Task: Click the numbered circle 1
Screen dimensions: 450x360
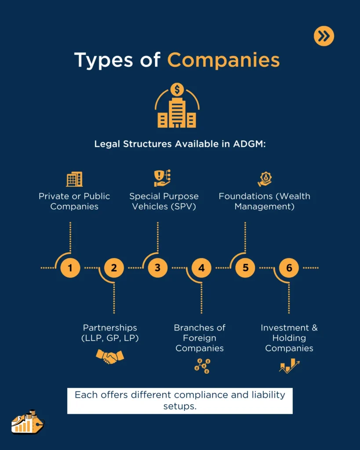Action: (70, 268)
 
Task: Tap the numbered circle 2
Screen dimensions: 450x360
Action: (114, 268)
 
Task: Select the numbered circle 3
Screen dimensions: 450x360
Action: (157, 268)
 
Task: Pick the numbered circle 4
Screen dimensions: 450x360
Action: (201, 268)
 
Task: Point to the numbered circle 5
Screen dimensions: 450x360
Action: (245, 268)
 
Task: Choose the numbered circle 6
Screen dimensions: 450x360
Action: (289, 268)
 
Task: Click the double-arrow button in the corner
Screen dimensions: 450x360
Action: (324, 36)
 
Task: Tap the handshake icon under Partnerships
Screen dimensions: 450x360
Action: (110, 356)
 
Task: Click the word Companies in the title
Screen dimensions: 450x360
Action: (223, 60)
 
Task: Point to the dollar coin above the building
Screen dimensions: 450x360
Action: (177, 90)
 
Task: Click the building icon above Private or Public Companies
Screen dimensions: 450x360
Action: (74, 179)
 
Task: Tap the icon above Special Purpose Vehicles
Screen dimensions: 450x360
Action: (162, 178)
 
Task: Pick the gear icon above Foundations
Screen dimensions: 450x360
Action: (265, 179)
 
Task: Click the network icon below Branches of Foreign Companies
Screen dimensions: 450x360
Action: (202, 366)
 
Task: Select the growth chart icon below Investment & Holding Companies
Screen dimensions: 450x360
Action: (289, 366)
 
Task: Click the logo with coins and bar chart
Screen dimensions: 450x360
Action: (27, 422)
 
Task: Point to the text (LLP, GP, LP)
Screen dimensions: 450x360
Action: (110, 338)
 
